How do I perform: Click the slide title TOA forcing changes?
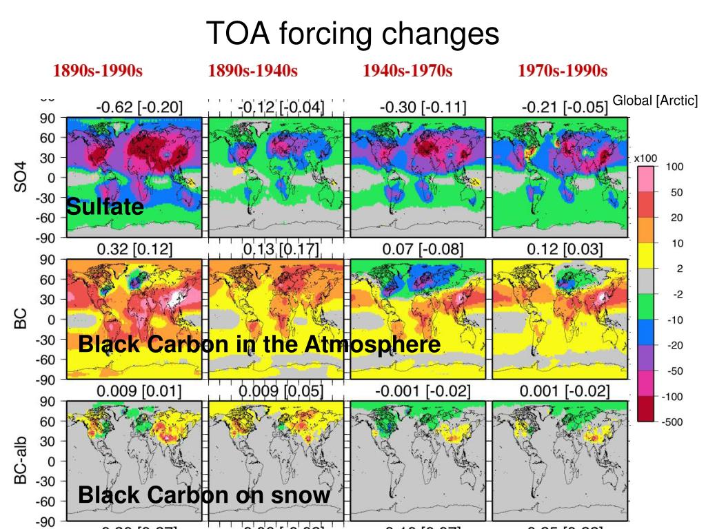pos(353,32)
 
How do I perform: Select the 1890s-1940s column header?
pos(252,70)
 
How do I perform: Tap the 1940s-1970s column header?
pos(407,70)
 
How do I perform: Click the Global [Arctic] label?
pos(655,101)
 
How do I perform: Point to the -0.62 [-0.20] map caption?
pos(139,107)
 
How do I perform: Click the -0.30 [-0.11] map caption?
pos(423,107)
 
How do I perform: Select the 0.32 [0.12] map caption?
pos(135,249)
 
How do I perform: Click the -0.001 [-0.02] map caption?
pos(423,392)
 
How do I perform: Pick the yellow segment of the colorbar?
pos(646,256)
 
